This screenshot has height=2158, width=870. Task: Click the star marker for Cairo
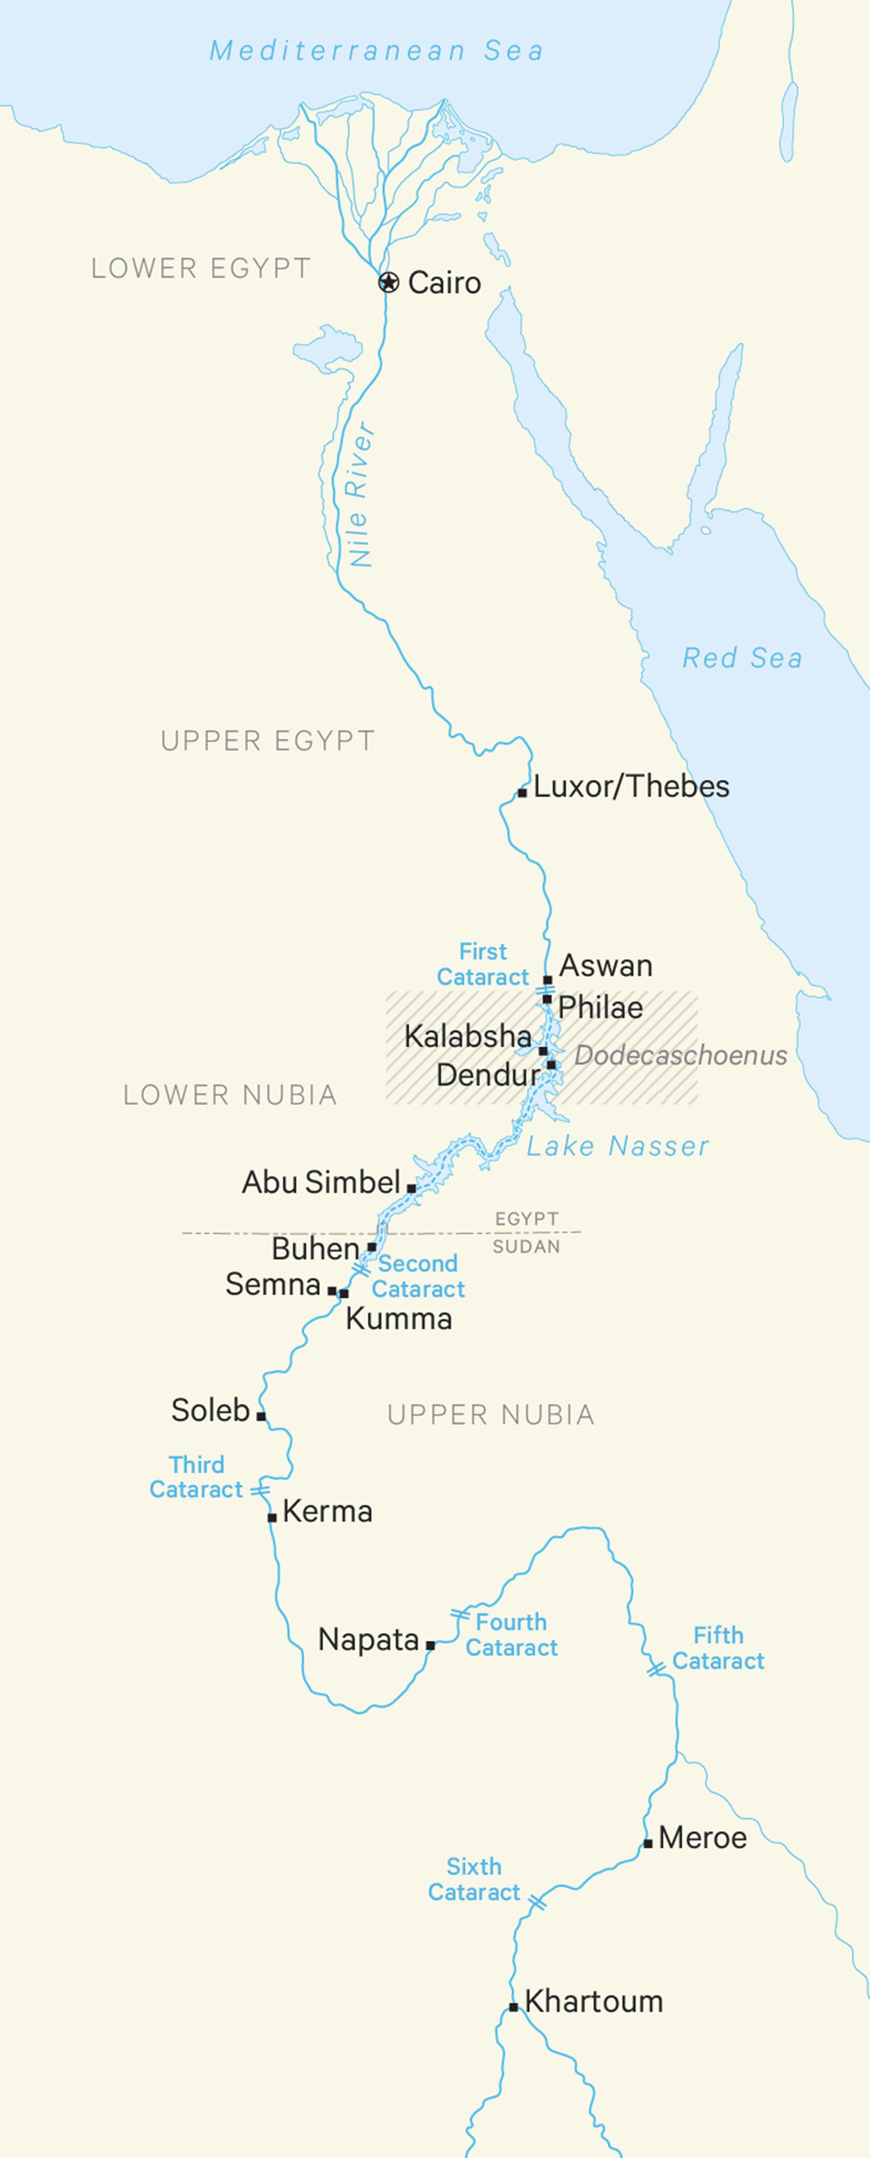[x=387, y=282]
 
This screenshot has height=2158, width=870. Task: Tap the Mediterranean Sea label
[x=376, y=50]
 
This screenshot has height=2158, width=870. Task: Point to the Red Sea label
[x=742, y=658]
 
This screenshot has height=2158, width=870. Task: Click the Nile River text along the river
[x=360, y=494]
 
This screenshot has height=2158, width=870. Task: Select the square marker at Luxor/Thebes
[x=521, y=792]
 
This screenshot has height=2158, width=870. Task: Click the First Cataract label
[x=483, y=964]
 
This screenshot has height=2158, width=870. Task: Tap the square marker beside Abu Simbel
[x=411, y=1188]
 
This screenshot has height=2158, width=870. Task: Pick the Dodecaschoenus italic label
[x=680, y=1056]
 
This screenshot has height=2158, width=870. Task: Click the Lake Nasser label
[x=617, y=1146]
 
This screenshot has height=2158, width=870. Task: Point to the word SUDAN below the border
[x=526, y=1247]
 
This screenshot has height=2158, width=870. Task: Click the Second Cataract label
[x=418, y=1276]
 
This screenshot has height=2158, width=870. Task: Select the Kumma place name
[x=398, y=1319]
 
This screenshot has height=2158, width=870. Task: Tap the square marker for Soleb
[x=261, y=1416]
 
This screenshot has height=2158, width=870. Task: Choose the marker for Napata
[x=430, y=1645]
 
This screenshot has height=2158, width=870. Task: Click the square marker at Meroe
[x=647, y=1843]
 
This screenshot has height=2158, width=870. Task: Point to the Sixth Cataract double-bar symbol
[x=537, y=1903]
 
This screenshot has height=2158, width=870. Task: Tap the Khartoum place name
[x=594, y=2002]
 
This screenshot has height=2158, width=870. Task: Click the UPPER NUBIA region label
[x=491, y=1415]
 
